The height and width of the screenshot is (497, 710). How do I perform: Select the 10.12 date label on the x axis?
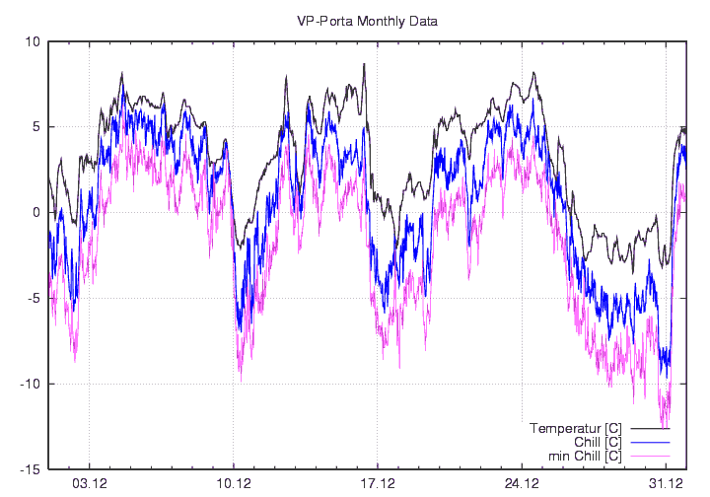(x=234, y=483)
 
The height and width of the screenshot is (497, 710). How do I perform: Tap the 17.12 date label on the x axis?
(x=378, y=483)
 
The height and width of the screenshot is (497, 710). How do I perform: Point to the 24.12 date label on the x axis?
(x=522, y=483)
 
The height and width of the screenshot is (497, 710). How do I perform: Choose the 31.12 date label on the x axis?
(x=666, y=483)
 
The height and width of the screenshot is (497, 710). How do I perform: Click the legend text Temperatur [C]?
(x=575, y=428)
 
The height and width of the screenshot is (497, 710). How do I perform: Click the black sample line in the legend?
(x=650, y=428)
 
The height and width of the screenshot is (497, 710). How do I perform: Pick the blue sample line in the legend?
(x=650, y=442)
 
